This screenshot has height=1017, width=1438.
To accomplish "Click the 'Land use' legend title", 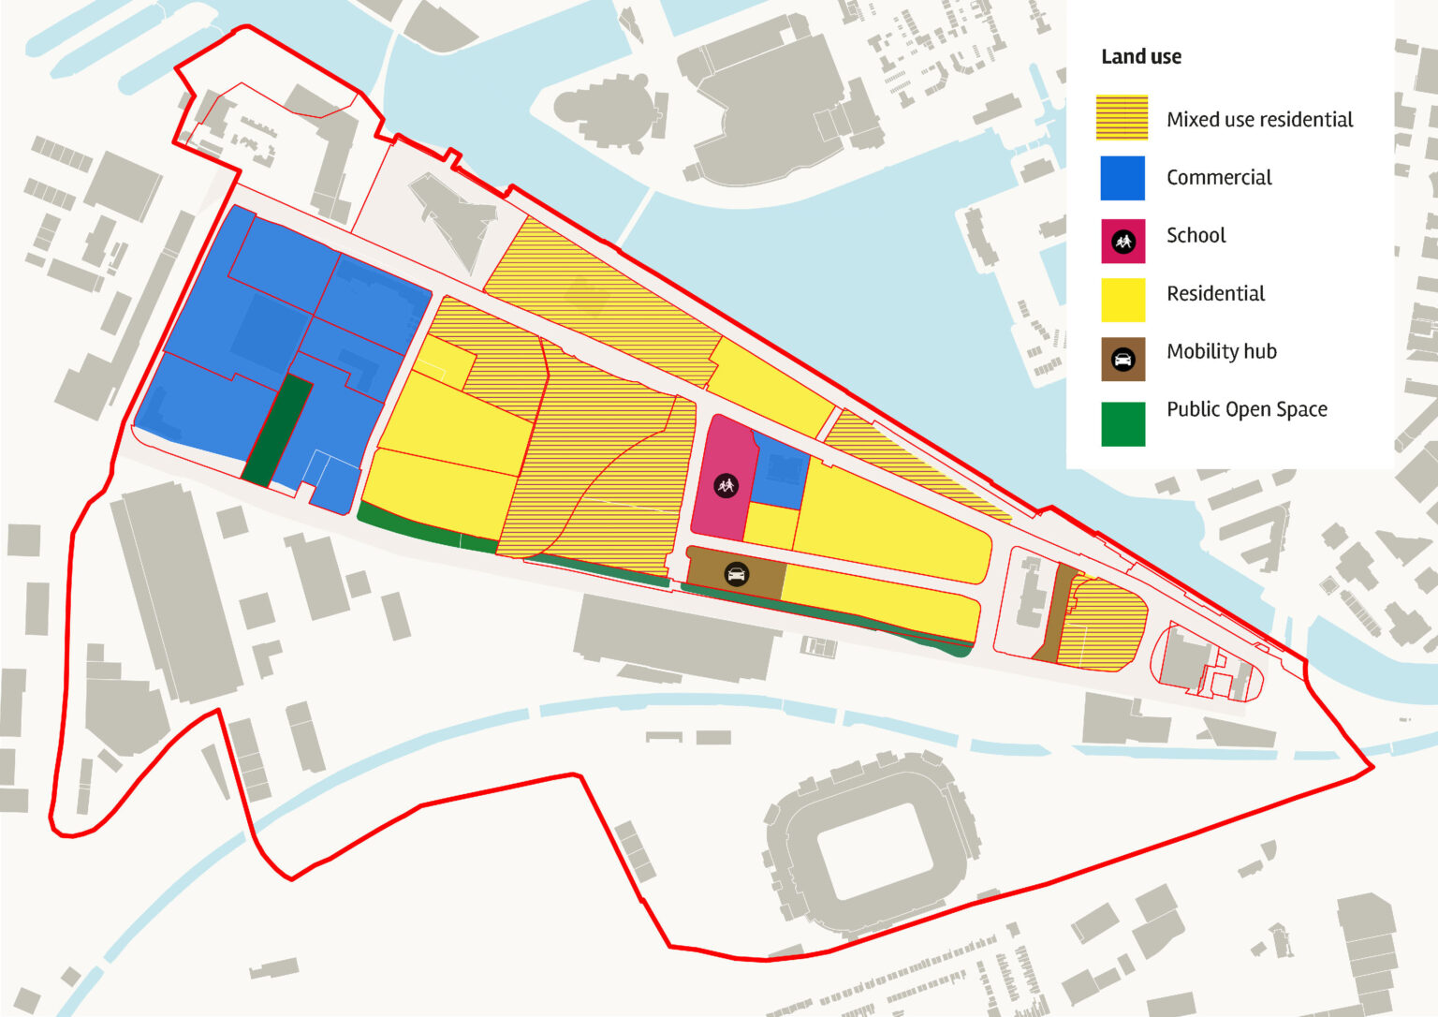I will (1140, 57).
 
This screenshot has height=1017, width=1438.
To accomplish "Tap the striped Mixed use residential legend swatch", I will (1122, 119).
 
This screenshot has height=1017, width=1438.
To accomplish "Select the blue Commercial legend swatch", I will (1122, 178).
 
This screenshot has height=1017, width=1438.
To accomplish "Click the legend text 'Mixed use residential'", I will (1259, 120).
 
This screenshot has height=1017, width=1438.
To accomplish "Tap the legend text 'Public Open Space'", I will (1246, 409).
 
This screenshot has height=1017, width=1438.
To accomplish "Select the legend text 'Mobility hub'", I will (1221, 351).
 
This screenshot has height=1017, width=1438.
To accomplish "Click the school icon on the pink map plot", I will (726, 485).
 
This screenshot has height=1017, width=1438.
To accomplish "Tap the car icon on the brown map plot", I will (737, 574).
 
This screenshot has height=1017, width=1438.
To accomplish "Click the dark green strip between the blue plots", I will (278, 430).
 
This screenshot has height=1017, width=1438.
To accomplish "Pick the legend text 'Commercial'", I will (1218, 178).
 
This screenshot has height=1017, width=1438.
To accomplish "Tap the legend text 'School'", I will (1196, 236).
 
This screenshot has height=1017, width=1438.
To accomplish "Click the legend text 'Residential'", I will (1215, 294).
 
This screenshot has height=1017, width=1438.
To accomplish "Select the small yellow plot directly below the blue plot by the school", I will (770, 526).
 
